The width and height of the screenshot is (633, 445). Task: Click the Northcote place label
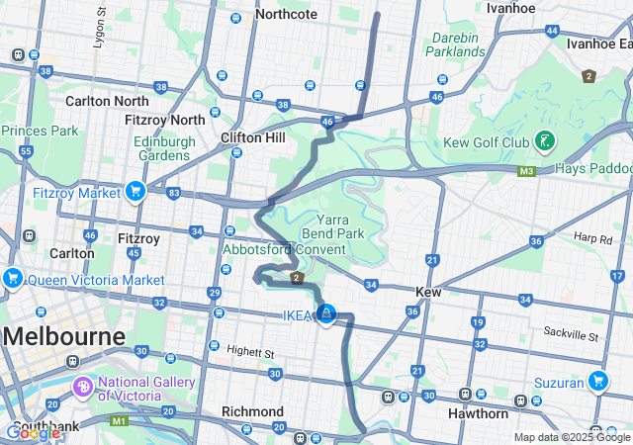coord(286,14)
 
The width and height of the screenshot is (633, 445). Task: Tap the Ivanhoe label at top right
coord(512,8)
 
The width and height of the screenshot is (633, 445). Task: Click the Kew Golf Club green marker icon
coord(543,141)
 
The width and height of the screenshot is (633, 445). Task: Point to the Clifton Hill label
coord(254,137)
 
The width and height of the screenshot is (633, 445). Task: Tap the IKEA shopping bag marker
coord(325,314)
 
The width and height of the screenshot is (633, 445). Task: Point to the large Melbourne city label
coord(64,336)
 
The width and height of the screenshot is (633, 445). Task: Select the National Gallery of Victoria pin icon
coord(84,384)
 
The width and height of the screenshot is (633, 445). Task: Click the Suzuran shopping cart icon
coord(597,380)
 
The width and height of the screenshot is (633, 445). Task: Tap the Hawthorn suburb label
coord(477,413)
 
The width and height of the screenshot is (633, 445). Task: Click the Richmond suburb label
coord(252,411)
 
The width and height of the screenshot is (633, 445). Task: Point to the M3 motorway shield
coord(527,171)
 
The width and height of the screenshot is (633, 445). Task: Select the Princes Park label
coord(40,131)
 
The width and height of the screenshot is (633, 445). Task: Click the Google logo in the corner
coord(32,432)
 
